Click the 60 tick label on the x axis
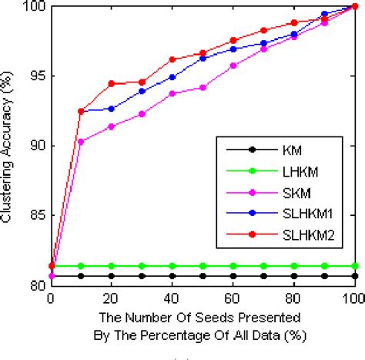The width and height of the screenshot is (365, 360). (x=233, y=298)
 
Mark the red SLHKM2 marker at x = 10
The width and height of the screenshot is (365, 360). (x=81, y=111)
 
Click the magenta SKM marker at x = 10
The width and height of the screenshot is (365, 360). (x=81, y=141)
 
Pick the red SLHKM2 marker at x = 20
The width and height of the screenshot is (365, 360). (x=112, y=83)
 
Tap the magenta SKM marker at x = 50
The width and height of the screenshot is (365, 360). (x=203, y=88)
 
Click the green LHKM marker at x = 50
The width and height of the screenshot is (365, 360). (x=203, y=266)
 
